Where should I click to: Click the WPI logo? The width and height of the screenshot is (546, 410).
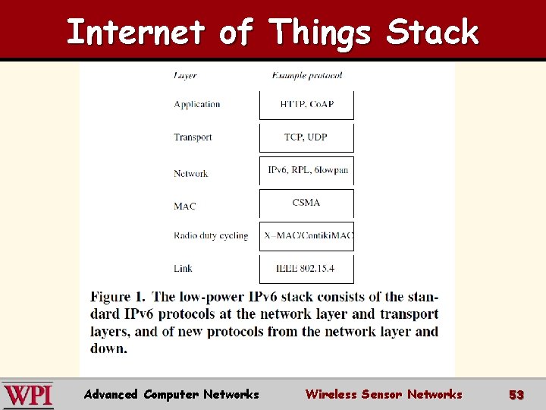point(28,395)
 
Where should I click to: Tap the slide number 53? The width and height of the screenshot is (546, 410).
point(516,395)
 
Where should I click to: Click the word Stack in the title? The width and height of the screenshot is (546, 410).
point(432,33)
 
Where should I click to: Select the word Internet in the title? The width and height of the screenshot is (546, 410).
point(136,33)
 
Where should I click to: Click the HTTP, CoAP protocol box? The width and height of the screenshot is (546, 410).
point(306,105)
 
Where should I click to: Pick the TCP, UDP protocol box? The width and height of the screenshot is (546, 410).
point(306,137)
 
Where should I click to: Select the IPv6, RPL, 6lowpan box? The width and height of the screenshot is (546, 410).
point(306,171)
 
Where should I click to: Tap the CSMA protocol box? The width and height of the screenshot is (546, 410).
point(306,203)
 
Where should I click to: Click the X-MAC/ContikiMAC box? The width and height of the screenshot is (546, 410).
point(306,236)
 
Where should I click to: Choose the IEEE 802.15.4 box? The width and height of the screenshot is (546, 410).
point(306,269)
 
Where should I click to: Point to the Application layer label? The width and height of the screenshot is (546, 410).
point(197,105)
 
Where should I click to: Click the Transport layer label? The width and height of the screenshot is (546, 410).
point(193,137)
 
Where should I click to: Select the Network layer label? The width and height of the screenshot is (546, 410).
point(190,174)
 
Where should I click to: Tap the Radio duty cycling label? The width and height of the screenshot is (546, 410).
point(211,235)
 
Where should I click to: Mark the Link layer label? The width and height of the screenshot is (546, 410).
point(183,268)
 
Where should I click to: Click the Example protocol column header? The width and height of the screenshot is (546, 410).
point(306,75)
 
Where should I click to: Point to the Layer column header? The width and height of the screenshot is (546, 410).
point(186,75)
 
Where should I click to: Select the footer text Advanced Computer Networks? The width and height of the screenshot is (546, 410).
point(171,394)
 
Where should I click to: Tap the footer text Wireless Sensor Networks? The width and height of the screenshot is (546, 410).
point(383,394)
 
